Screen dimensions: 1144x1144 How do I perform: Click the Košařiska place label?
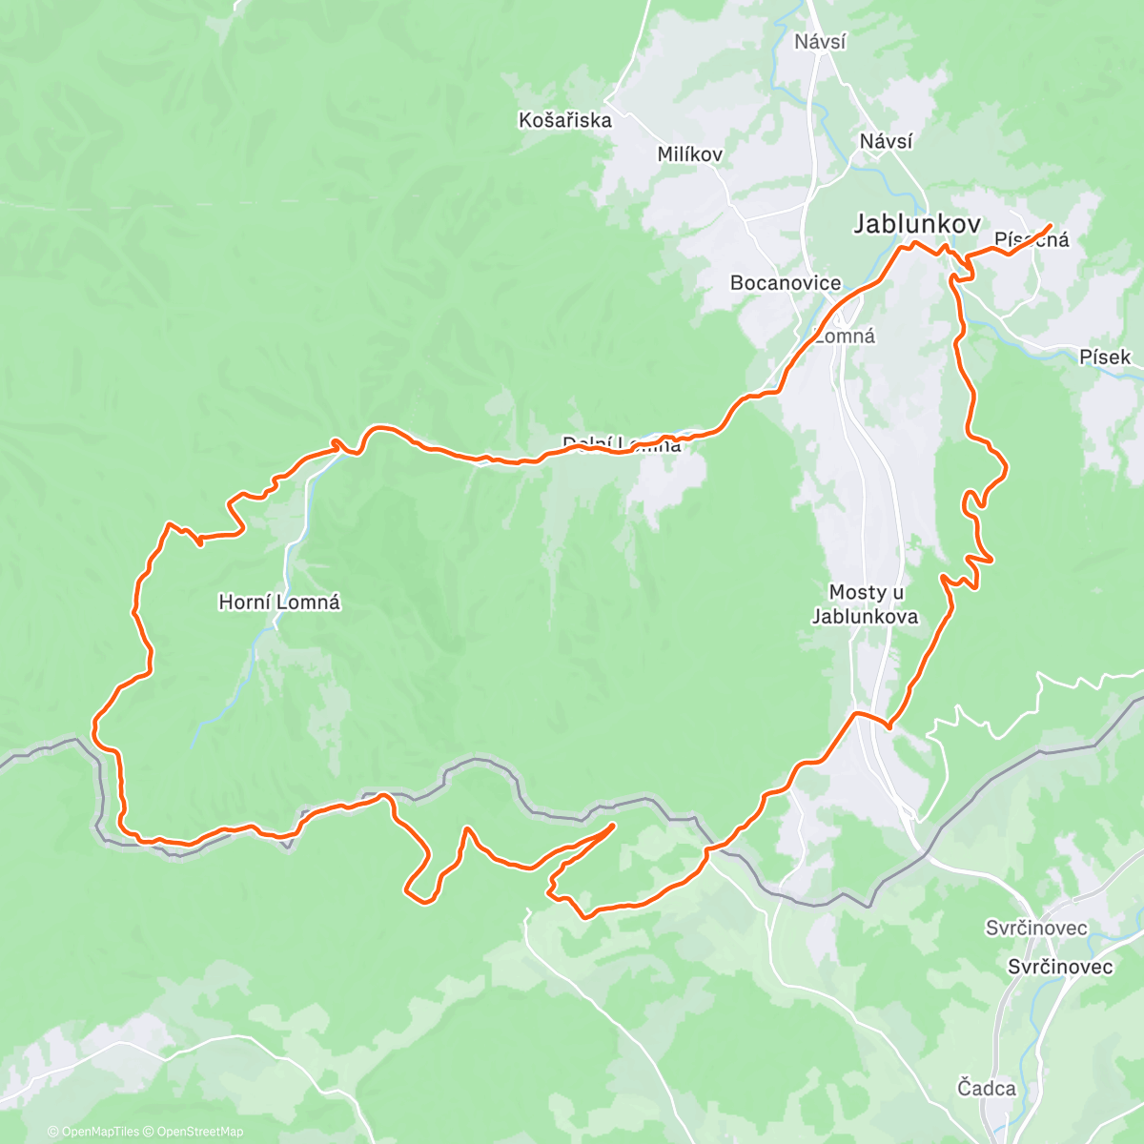tap(565, 121)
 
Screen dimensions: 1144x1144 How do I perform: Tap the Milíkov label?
tap(689, 154)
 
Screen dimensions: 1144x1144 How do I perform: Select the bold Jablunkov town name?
tap(916, 224)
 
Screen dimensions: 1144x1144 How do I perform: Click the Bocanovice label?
tap(786, 283)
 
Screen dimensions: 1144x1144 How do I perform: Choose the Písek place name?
tap(1105, 357)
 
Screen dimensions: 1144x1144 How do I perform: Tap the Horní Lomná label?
tap(279, 603)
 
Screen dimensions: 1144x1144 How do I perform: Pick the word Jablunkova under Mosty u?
tap(865, 617)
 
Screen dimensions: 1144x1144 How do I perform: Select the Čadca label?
tap(987, 1089)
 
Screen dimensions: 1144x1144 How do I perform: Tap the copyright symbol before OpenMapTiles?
tap(53, 1133)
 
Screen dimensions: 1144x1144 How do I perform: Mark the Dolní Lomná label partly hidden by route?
tap(622, 444)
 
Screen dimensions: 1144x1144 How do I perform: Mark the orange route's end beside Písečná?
tap(1050, 226)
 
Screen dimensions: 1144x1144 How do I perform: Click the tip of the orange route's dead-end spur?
tap(613, 825)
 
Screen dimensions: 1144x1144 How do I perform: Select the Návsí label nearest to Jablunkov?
tap(886, 142)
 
